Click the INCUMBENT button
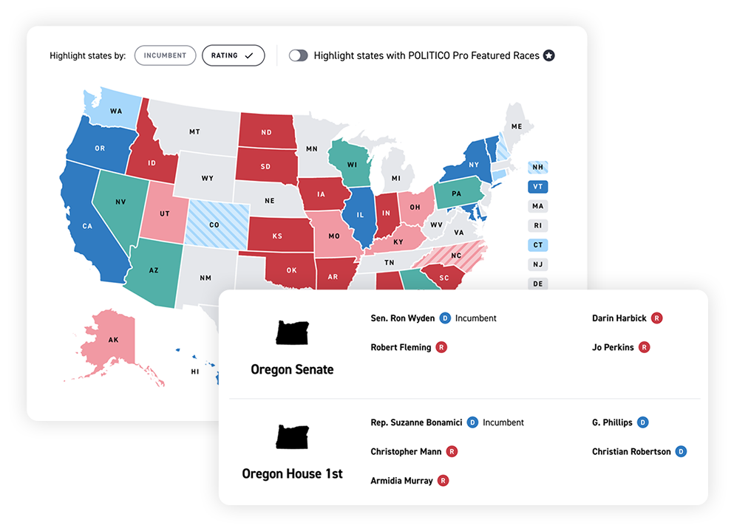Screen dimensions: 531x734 [165, 55]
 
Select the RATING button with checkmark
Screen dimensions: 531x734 [233, 55]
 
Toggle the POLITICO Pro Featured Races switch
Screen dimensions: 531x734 [298, 55]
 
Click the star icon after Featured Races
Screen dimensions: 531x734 [548, 55]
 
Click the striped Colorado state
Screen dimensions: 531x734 [214, 225]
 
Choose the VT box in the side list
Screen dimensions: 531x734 [537, 187]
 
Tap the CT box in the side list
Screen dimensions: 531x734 [537, 245]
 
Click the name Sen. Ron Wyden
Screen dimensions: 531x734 [403, 318]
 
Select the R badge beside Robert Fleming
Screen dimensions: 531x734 [441, 347]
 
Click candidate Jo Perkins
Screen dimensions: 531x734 [613, 347]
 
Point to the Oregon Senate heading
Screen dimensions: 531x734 [292, 369]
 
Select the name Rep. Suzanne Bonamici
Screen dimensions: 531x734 [416, 422]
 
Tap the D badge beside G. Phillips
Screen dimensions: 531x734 [642, 422]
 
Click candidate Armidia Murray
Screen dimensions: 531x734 [401, 481]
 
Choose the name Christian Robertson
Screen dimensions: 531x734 [631, 451]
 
